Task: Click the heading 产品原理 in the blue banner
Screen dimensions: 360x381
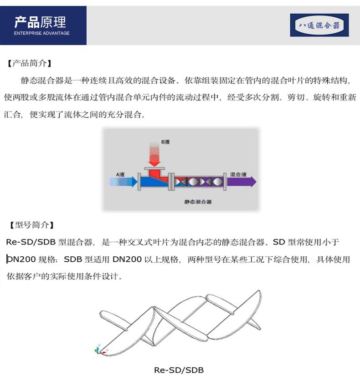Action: (x=40, y=22)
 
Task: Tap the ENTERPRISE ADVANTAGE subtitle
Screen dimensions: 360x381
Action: (x=42, y=33)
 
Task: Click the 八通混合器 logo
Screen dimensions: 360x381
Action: (x=319, y=25)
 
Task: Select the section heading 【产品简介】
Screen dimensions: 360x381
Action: (x=29, y=63)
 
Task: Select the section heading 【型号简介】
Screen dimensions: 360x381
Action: (x=31, y=225)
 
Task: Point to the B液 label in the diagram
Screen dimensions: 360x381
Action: (x=165, y=142)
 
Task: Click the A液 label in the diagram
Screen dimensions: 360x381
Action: (x=120, y=174)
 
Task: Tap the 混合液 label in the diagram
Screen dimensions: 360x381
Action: (x=238, y=174)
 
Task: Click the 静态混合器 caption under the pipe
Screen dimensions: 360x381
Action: (x=198, y=202)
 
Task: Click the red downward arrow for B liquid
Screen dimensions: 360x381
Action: (x=154, y=154)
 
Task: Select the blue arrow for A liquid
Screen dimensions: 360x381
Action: (x=123, y=182)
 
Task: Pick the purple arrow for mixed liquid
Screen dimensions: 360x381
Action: (x=242, y=182)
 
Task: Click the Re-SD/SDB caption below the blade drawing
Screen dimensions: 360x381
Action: (x=179, y=370)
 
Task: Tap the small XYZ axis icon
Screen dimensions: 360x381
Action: (x=100, y=350)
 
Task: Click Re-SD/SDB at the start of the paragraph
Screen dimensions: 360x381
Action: (x=31, y=242)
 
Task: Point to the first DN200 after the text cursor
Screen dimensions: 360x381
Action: (x=21, y=259)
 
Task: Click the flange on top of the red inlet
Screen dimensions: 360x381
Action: (x=154, y=168)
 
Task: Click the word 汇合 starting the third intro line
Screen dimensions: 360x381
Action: (x=12, y=114)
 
